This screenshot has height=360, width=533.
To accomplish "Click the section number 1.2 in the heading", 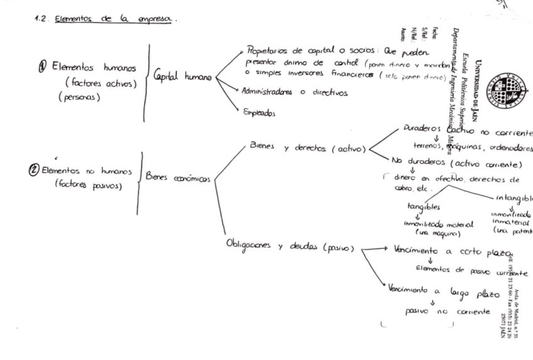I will pyautogui.click(x=40, y=20).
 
